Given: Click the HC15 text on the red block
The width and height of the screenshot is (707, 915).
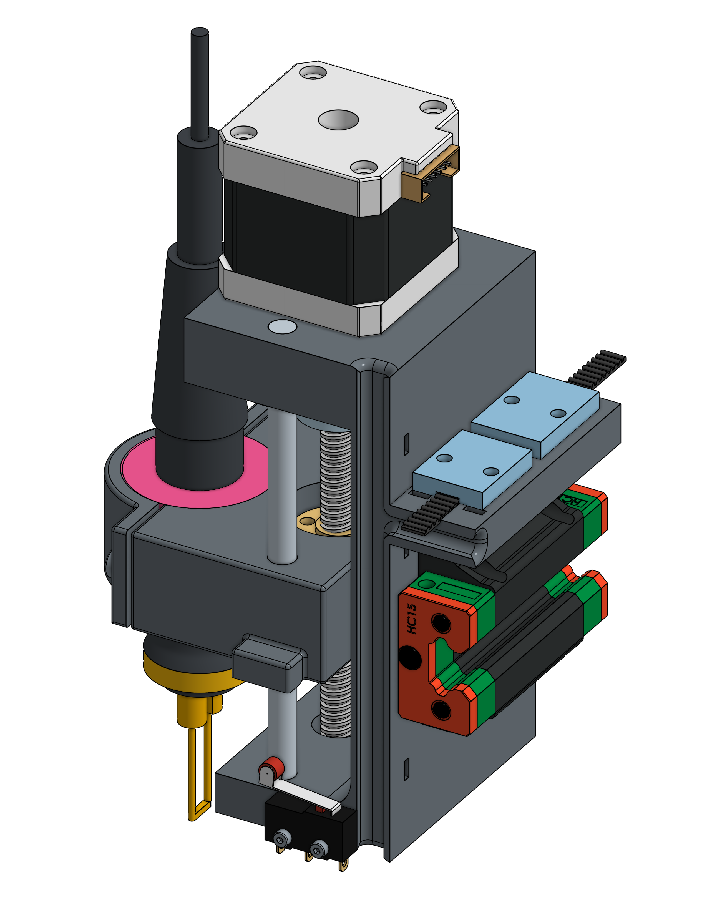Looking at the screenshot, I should pos(412,619).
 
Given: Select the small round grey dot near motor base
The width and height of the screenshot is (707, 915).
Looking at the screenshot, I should pos(282,326).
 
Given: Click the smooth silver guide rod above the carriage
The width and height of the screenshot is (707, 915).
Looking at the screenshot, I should pos(282,482).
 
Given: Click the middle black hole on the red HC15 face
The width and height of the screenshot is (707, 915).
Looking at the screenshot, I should pos(410,657).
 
